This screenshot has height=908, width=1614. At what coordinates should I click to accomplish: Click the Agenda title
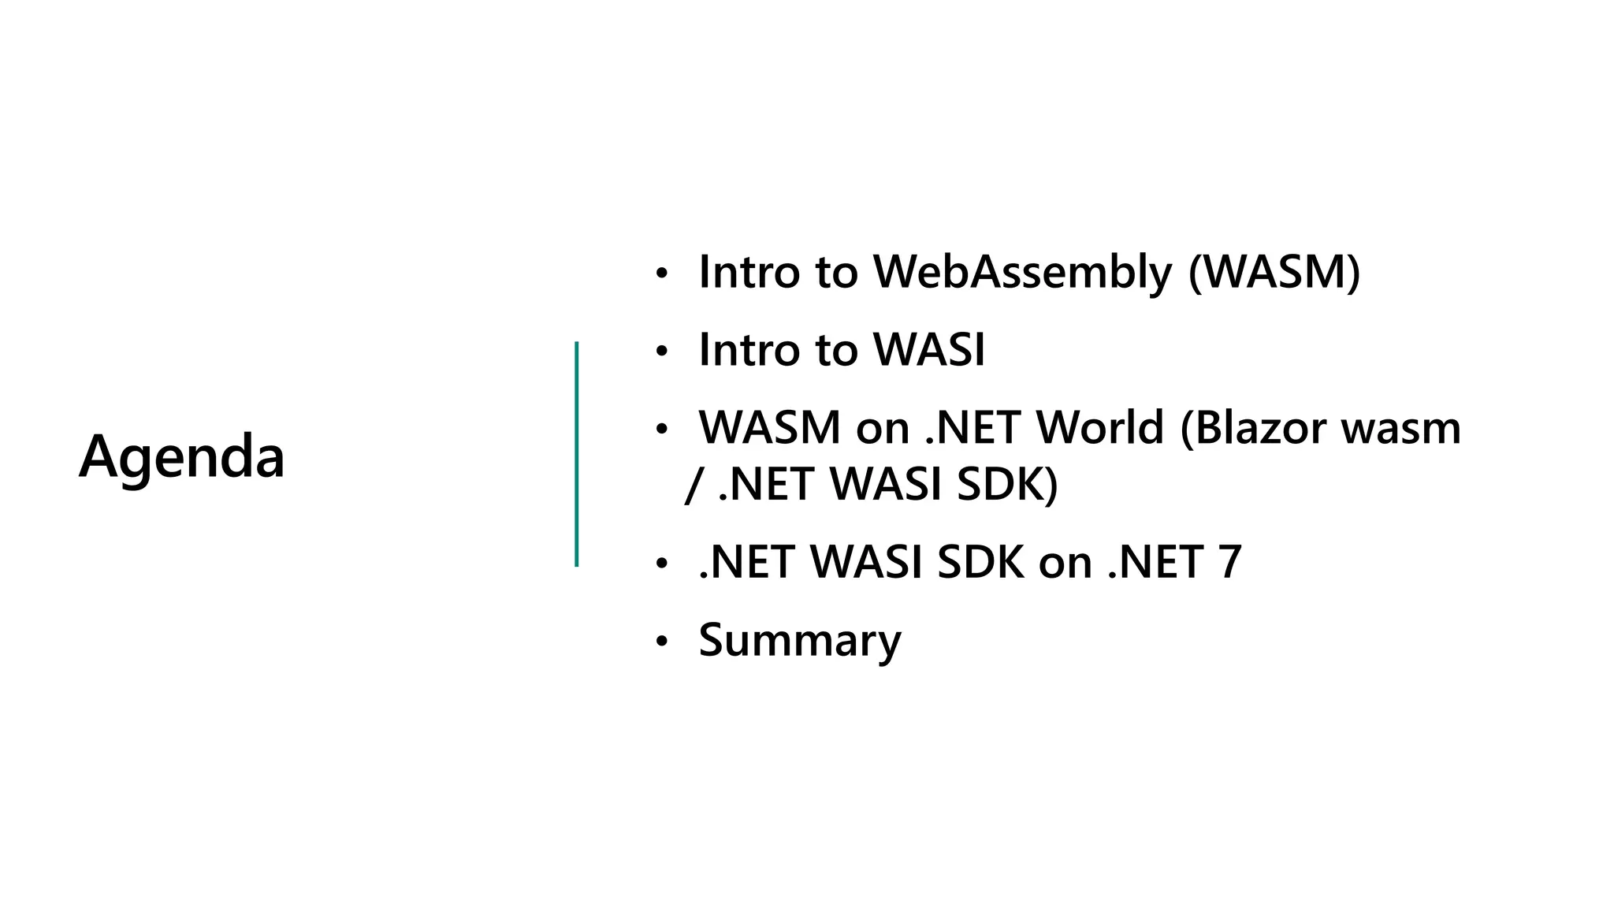click(181, 456)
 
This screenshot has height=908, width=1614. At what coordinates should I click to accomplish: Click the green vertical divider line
click(577, 454)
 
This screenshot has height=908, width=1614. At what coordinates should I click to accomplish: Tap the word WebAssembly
click(1022, 272)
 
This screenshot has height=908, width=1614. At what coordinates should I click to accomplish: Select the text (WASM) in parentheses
click(1274, 272)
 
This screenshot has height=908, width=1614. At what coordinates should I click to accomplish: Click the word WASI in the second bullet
click(930, 349)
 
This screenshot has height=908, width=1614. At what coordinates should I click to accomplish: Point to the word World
click(1099, 428)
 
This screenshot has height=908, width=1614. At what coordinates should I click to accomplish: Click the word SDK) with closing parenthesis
click(1007, 484)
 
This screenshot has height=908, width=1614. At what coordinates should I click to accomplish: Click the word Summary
click(799, 640)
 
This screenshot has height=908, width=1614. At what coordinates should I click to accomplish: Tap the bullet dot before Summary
click(662, 642)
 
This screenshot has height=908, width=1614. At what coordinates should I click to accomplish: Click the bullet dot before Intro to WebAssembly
click(662, 274)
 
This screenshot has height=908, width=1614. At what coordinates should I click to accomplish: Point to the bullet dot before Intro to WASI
click(662, 352)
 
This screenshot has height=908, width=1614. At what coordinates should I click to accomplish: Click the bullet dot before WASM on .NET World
click(662, 430)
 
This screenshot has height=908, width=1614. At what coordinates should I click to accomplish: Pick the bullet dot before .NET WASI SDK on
click(662, 564)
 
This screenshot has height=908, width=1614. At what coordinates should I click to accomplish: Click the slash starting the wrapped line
click(692, 484)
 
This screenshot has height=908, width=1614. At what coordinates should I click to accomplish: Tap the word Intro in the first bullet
click(749, 272)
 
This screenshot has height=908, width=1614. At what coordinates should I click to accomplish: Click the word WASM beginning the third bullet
click(770, 428)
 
